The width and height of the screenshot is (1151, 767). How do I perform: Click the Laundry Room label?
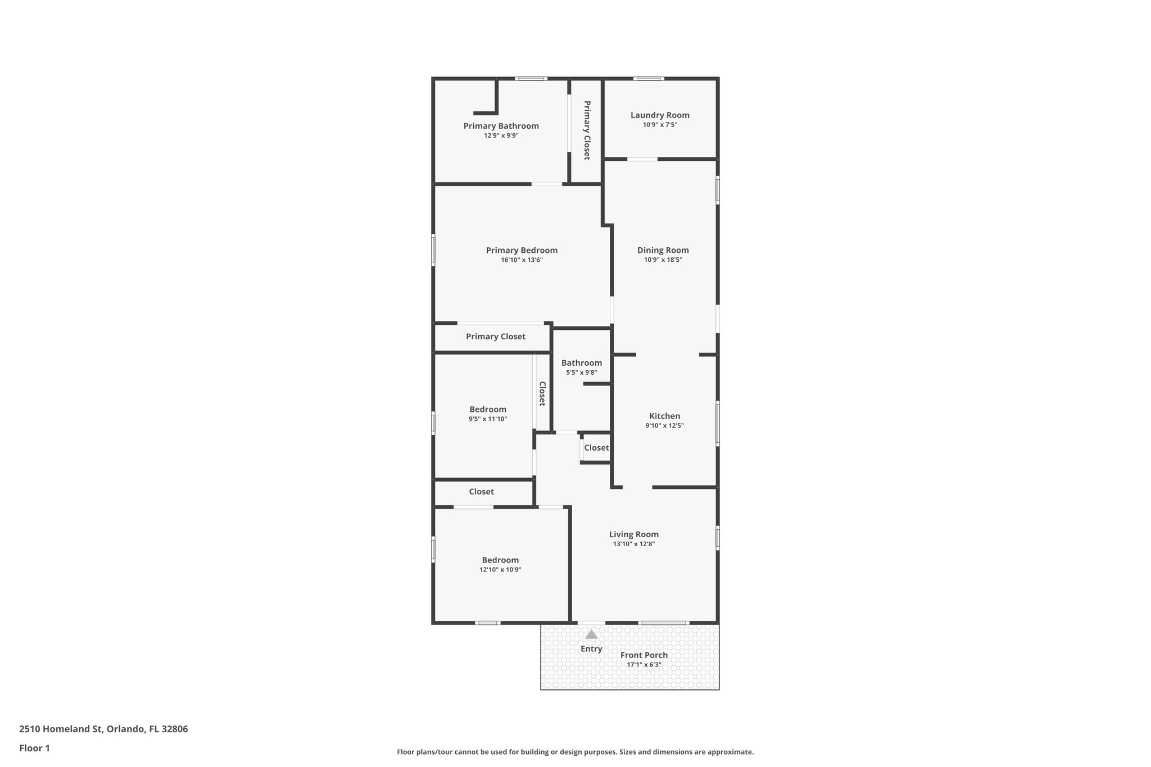pos(660,115)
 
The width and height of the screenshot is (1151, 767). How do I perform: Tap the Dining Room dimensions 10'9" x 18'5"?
pos(663,260)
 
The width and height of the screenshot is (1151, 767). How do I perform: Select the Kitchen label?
pos(665,416)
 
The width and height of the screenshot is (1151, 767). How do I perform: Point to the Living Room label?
pos(634,534)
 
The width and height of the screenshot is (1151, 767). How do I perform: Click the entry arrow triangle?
pos(591,634)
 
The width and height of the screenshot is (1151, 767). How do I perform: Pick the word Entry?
pos(591,649)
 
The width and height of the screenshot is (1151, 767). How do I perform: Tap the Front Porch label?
pos(644,655)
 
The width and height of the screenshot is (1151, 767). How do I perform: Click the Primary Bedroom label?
pos(522,251)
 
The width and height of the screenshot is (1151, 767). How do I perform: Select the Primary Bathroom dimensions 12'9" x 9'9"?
pos(501,135)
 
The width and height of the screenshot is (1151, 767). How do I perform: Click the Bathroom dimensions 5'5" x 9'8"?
pos(582,373)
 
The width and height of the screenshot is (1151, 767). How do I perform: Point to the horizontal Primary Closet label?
pos(496,337)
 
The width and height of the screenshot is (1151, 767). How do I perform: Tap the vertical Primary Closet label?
pos(587,130)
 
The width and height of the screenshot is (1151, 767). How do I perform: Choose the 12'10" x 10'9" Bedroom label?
pos(500,560)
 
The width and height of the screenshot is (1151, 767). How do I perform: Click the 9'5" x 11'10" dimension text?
pos(488,419)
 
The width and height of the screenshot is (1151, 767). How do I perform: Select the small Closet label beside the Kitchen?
pos(596,448)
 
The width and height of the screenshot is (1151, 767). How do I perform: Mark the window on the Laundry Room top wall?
pos(649,79)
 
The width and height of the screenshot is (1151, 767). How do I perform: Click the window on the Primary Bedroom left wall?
pos(433,249)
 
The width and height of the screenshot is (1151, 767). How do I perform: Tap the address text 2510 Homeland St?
pos(61,729)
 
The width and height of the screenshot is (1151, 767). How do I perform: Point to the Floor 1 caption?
pos(34,748)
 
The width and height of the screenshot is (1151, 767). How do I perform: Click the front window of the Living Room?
pos(664,623)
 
